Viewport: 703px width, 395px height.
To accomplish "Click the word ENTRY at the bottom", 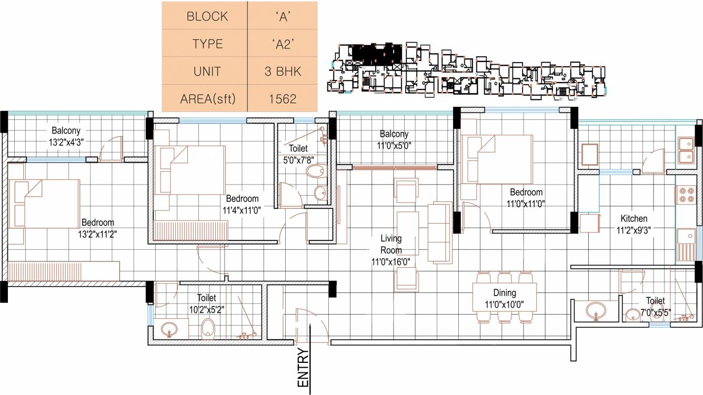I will (304, 368).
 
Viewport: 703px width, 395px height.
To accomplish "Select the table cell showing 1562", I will (282, 98).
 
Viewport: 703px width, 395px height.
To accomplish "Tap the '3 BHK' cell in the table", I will (283, 71).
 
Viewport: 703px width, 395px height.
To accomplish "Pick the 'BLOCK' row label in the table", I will (207, 16).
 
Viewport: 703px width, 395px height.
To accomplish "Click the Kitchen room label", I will (634, 218).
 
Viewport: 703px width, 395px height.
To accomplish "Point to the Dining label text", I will (504, 292).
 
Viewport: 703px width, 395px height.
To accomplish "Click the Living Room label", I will (391, 244).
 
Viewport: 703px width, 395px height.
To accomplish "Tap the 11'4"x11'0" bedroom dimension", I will (242, 209).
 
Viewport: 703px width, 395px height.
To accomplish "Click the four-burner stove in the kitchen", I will (686, 195).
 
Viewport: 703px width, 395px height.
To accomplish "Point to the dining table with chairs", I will (505, 298).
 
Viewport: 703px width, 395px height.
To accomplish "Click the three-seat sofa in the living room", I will (439, 232).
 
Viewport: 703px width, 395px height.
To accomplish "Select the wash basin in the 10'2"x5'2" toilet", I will (169, 329).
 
